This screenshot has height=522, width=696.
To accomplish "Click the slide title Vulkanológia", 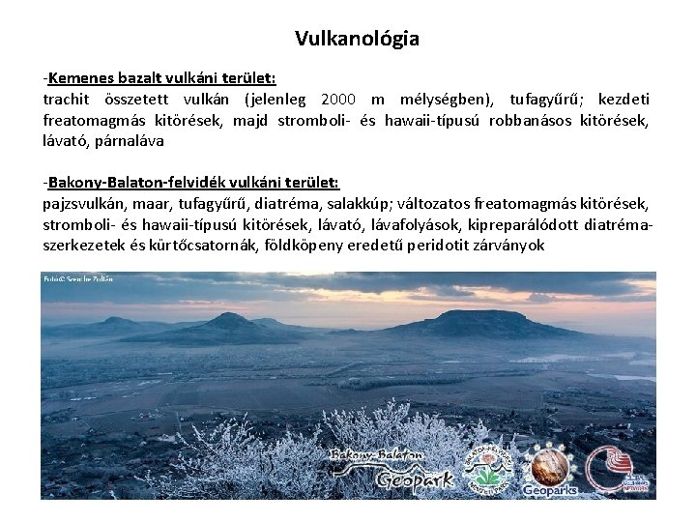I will tap(357, 39).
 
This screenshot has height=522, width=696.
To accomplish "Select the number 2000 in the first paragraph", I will tap(337, 99).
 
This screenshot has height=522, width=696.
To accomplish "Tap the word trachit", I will tap(66, 99).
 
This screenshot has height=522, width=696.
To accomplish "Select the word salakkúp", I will tap(354, 204).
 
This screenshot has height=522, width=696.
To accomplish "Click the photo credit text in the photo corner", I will tap(78, 278).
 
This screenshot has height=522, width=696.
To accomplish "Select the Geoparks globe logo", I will tap(549, 470).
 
